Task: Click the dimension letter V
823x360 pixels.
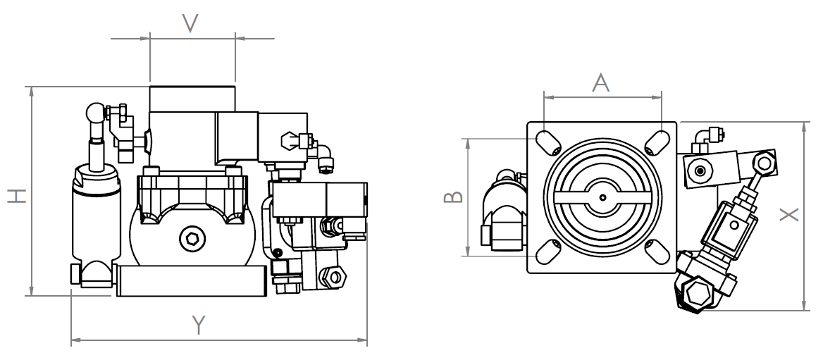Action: [190, 24]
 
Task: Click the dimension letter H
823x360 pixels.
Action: [17, 196]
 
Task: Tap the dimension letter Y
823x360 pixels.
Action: [199, 325]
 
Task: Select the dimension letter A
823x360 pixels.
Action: [600, 82]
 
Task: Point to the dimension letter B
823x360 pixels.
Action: [454, 197]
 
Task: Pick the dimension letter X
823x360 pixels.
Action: [789, 214]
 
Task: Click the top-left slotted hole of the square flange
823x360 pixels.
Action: [548, 143]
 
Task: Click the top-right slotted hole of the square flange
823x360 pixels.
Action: [657, 143]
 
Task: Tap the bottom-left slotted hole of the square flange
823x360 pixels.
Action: [548, 252]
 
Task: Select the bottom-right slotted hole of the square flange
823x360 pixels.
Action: [657, 252]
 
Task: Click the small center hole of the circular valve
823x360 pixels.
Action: [602, 197]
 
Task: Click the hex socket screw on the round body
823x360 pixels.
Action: [192, 239]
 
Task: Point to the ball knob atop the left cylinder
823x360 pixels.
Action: [97, 112]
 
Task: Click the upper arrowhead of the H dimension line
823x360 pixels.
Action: [32, 92]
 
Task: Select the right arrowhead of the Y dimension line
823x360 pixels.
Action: [361, 340]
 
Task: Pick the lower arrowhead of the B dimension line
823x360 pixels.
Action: [467, 250]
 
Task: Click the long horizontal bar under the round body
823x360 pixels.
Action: [191, 281]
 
